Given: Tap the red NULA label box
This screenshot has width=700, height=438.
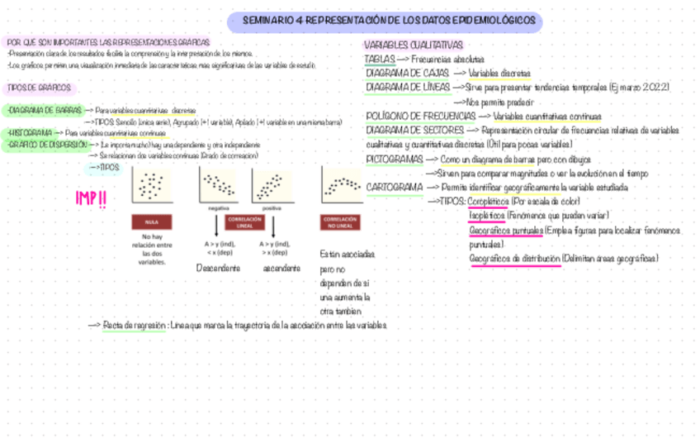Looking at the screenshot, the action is click(x=150, y=222).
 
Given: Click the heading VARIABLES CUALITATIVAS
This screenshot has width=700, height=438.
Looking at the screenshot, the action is click(x=413, y=45).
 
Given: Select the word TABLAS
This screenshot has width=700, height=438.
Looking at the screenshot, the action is click(x=379, y=60).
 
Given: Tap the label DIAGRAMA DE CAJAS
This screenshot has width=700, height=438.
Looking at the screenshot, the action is click(x=406, y=74).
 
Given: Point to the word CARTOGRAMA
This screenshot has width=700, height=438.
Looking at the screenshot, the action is click(x=394, y=188).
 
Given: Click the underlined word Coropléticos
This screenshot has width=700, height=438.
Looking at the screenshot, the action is click(x=488, y=202).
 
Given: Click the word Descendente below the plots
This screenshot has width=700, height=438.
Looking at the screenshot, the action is click(x=218, y=269).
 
